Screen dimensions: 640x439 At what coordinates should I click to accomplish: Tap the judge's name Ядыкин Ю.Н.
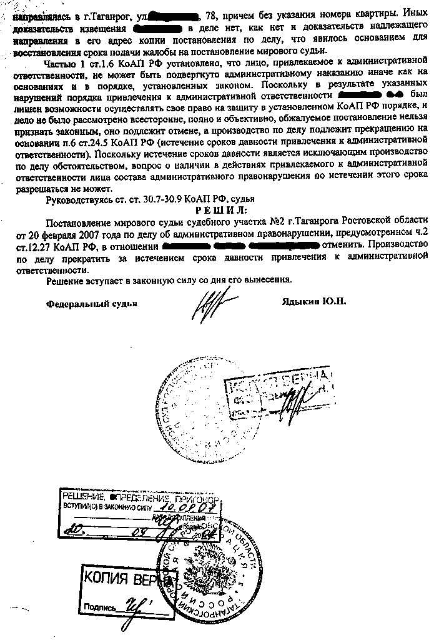coord(313,302)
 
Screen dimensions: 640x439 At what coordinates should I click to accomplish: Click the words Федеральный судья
coord(91,303)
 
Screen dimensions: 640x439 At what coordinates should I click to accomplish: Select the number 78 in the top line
coord(220,13)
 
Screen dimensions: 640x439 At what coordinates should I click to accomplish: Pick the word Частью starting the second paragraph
coord(61,64)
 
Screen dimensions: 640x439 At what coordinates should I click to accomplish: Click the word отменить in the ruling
coord(341,244)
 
